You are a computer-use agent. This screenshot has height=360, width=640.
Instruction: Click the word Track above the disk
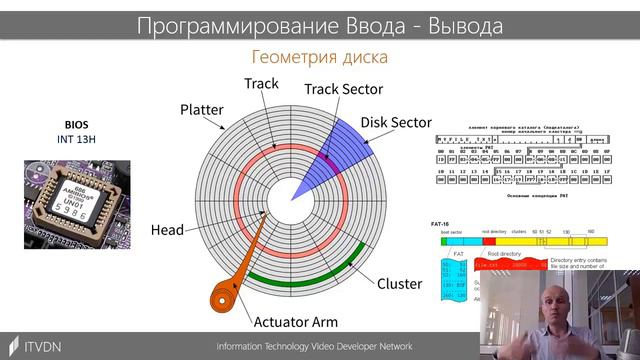pos(261,84)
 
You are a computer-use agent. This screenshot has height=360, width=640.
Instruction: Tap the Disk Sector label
pos(395,122)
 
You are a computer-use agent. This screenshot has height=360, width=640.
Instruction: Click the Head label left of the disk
pos(167,230)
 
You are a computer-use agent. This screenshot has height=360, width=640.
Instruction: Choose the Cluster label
pos(398,283)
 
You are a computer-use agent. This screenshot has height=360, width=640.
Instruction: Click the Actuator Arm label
pos(295,321)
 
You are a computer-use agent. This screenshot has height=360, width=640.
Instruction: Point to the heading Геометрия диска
pos(319,57)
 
